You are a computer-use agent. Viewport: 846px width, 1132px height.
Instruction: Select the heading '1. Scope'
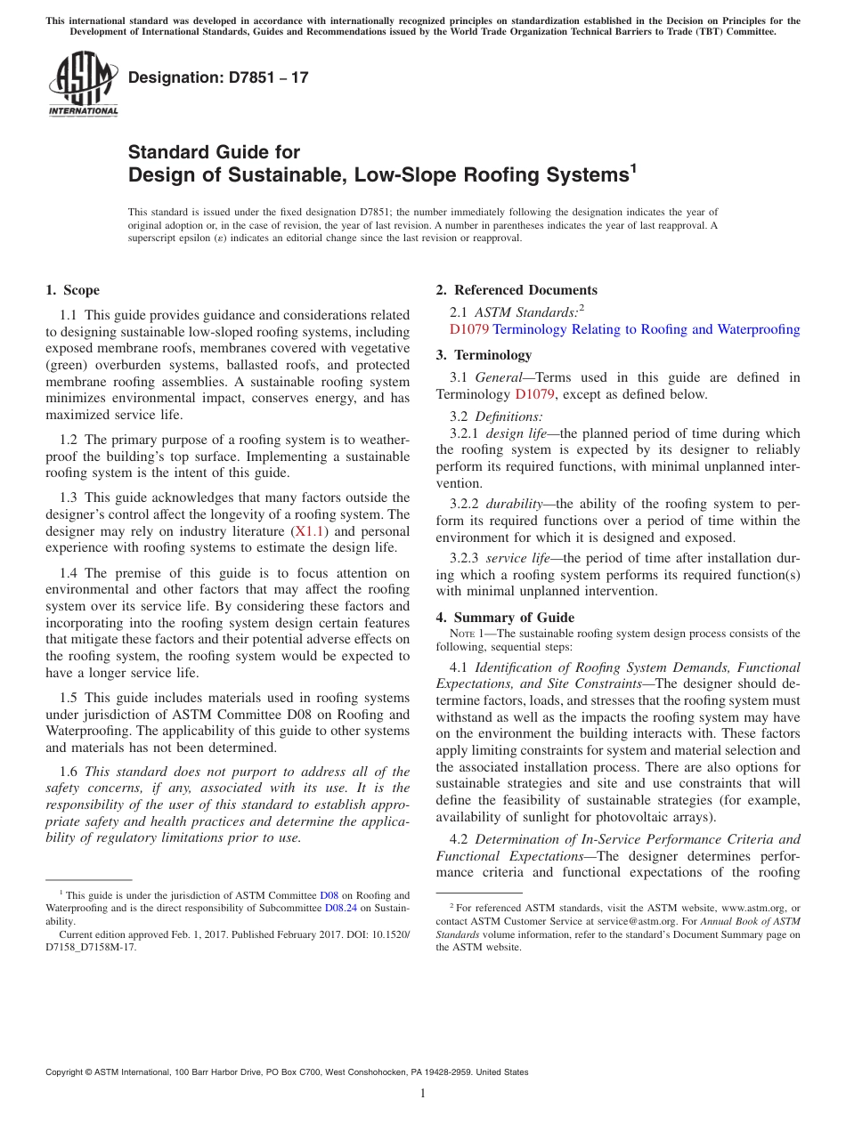click(x=73, y=290)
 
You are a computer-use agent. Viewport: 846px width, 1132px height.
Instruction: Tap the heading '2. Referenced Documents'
click(x=517, y=290)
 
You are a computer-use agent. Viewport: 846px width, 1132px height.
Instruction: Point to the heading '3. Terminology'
click(x=484, y=355)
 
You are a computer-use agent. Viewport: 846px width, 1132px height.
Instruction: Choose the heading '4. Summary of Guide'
click(x=505, y=618)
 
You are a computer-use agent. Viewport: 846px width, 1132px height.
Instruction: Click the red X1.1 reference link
click(x=312, y=531)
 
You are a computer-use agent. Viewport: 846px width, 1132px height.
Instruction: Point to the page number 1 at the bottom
click(x=423, y=1093)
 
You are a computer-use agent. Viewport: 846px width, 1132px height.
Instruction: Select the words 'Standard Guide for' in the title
click(x=215, y=152)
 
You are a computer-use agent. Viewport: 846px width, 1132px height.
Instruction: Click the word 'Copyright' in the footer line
click(x=67, y=1072)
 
